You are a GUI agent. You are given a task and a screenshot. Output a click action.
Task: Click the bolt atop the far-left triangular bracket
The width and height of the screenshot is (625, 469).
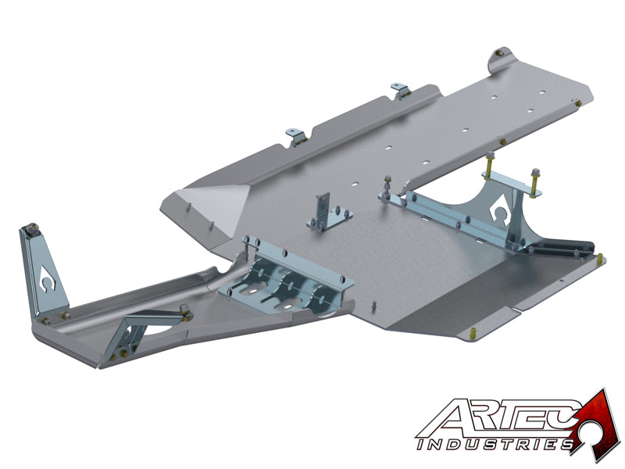[x=33, y=228]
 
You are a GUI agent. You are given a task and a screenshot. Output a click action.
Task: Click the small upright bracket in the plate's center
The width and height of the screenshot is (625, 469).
[x=322, y=212]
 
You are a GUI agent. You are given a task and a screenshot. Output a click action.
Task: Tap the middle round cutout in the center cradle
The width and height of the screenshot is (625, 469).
[x=291, y=285]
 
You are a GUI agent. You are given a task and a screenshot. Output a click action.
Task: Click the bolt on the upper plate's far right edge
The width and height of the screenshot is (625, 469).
[x=577, y=102]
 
